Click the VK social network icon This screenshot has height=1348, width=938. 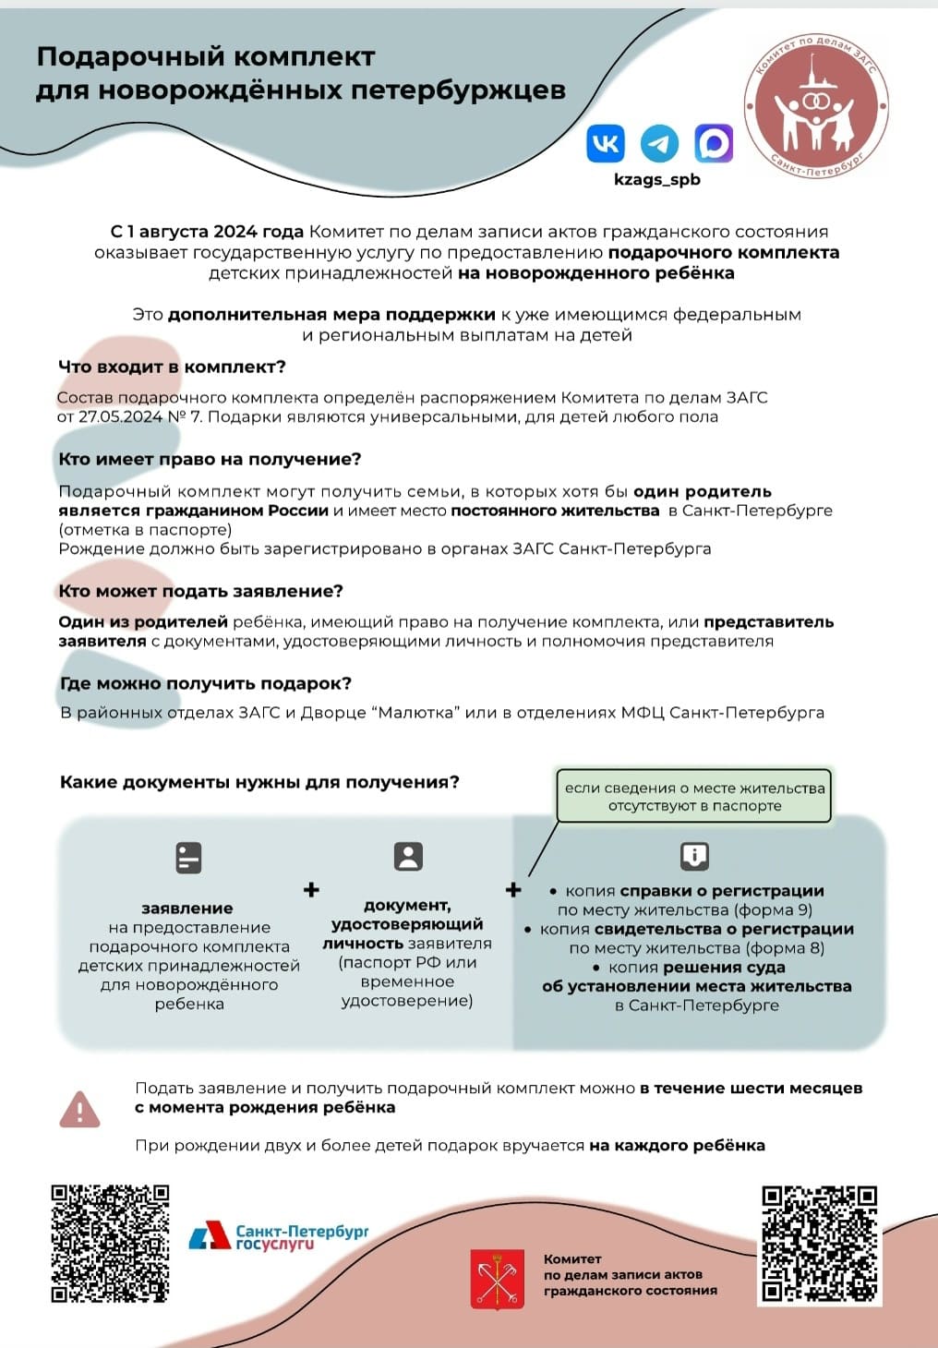click(606, 143)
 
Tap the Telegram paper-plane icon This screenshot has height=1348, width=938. click(659, 143)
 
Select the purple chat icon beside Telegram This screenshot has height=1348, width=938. click(714, 143)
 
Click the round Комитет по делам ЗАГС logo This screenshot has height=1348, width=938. click(815, 106)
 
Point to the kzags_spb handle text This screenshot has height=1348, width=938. click(657, 179)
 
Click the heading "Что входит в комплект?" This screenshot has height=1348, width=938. click(172, 367)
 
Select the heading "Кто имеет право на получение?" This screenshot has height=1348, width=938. click(210, 459)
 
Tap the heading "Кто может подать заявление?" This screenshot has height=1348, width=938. click(200, 591)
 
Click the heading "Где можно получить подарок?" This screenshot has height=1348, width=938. click(205, 683)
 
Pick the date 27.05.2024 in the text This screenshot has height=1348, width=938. click(120, 416)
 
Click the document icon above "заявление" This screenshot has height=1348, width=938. click(188, 858)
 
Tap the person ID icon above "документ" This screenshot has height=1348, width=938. click(407, 856)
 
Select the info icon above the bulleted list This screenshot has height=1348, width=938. click(694, 856)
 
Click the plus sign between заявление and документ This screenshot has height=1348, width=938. click(311, 889)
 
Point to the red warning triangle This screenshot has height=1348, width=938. click(79, 1109)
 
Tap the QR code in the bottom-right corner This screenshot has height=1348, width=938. click(819, 1244)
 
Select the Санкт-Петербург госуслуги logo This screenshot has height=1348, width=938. click(278, 1236)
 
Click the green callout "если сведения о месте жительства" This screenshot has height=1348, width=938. click(694, 796)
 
